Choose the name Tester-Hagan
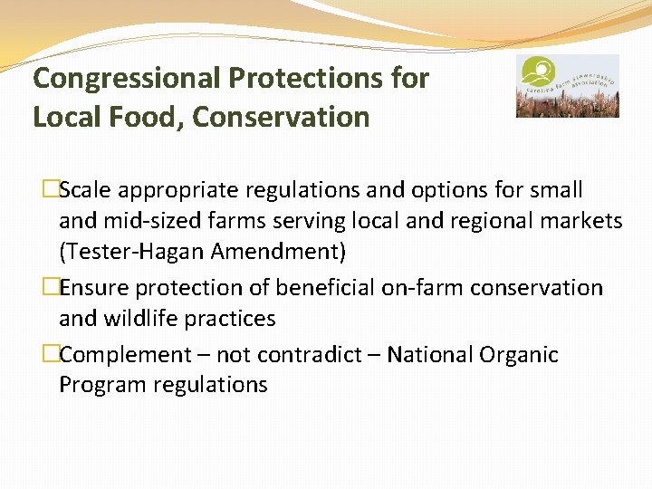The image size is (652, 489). (129, 251)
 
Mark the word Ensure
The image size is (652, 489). (95, 288)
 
